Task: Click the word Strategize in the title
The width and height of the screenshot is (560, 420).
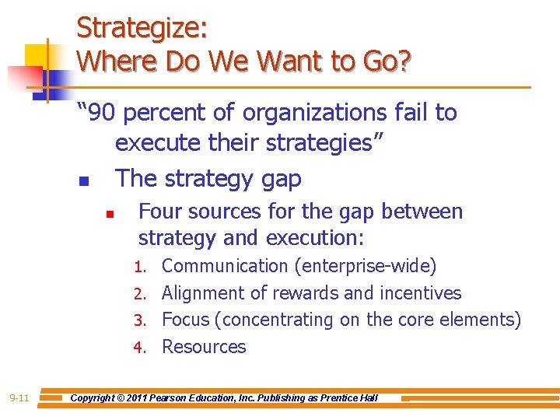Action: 141,28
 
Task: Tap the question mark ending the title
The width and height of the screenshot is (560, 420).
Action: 404,61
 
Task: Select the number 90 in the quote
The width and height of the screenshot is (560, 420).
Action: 101,114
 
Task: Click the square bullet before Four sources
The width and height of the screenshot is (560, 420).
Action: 110,213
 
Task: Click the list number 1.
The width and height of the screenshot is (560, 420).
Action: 139,268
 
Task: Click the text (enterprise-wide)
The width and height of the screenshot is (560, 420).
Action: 365,266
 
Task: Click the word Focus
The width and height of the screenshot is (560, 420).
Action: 186,320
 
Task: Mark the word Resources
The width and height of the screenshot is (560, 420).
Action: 204,347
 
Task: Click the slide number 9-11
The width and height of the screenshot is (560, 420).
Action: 19,398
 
